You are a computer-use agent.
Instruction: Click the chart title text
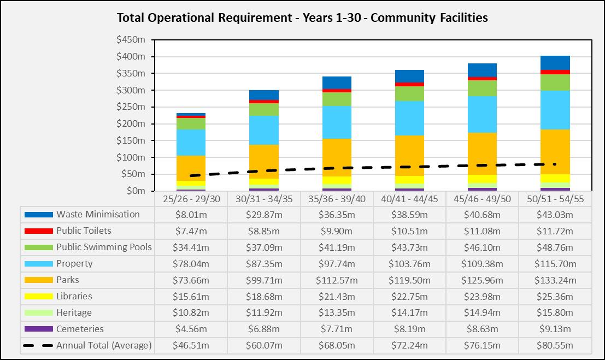click(302, 17)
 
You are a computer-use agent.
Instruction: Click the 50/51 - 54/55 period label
click(555, 199)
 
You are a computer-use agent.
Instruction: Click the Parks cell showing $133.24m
click(555, 280)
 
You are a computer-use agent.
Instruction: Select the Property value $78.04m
click(191, 264)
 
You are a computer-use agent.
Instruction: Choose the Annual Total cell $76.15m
click(483, 346)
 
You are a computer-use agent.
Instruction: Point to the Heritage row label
click(74, 313)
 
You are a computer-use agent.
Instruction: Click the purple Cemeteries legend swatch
click(39, 329)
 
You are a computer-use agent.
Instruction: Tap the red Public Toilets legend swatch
click(39, 231)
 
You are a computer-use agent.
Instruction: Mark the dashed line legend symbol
click(39, 346)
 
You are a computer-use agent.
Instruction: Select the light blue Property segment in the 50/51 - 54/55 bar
click(555, 110)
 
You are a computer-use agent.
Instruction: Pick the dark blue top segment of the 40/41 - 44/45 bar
click(409, 76)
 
